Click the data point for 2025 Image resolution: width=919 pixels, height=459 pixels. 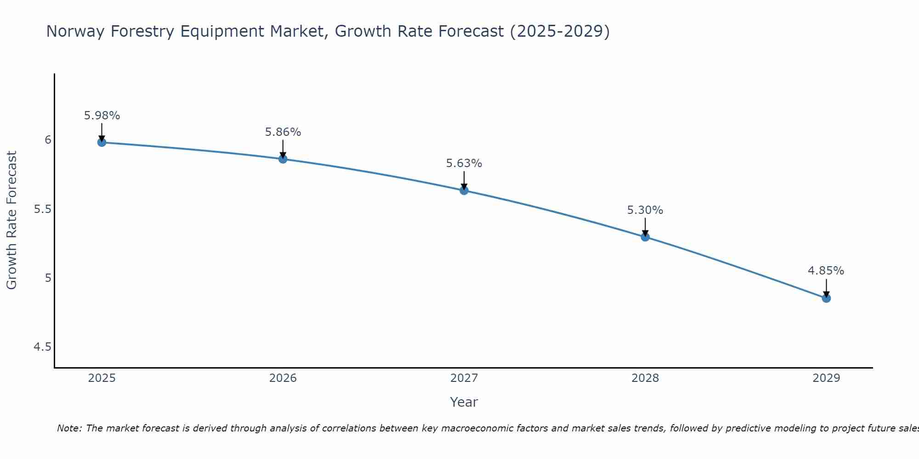click(x=102, y=142)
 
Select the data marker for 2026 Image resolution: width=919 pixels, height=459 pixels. click(x=283, y=159)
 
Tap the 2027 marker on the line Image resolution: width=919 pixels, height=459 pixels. click(x=464, y=190)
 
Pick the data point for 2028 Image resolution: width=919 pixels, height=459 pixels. click(x=645, y=237)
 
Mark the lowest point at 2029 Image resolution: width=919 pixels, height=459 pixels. click(x=826, y=298)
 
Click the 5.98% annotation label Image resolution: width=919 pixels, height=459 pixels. click(x=102, y=116)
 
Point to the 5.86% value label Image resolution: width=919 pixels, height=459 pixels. click(x=283, y=132)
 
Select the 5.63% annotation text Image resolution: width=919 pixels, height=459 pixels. click(x=464, y=163)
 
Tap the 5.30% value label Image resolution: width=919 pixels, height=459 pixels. click(x=645, y=210)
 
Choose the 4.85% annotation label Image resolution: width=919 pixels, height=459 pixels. click(x=826, y=271)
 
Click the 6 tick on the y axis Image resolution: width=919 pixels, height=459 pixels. click(x=48, y=140)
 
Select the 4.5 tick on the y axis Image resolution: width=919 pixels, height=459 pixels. click(x=42, y=347)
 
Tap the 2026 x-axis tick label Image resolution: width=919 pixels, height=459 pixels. click(x=283, y=378)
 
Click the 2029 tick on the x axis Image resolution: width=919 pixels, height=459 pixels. click(x=826, y=378)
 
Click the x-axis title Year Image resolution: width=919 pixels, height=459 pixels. click(x=464, y=402)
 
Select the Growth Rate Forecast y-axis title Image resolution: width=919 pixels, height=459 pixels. click(x=11, y=220)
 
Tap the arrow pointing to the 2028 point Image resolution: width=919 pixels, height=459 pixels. click(x=645, y=227)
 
